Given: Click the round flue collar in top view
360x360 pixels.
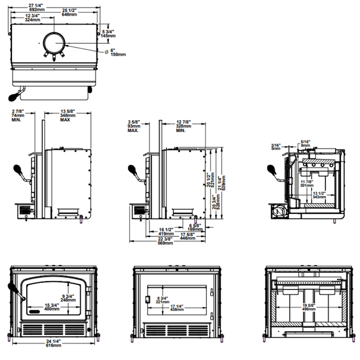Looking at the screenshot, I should tap(54, 43).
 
